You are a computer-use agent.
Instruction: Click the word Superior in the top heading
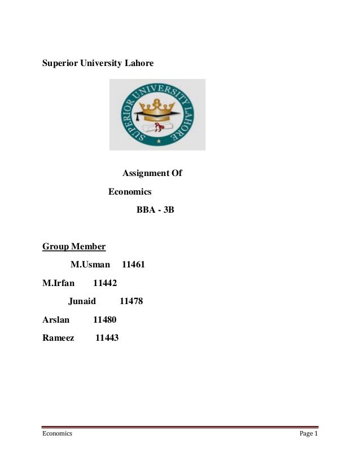point(60,63)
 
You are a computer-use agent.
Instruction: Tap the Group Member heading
point(74,247)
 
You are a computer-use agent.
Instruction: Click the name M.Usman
point(90,264)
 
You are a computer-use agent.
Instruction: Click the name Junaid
point(82,301)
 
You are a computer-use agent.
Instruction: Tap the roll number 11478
point(131,301)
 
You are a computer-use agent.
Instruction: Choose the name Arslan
point(56,320)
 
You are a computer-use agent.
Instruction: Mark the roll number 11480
point(104,320)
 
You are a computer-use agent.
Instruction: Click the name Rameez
point(58,338)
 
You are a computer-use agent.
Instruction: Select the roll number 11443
point(107,338)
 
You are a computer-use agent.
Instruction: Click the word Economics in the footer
point(57,434)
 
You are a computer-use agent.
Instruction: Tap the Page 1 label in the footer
point(309,434)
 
